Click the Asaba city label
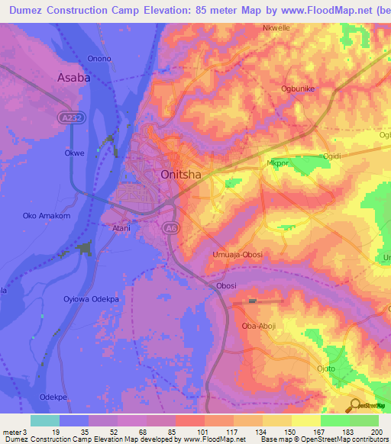[74, 77]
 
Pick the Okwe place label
[74, 153]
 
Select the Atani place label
[121, 227]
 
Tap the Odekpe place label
[54, 397]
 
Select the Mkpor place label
[278, 162]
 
